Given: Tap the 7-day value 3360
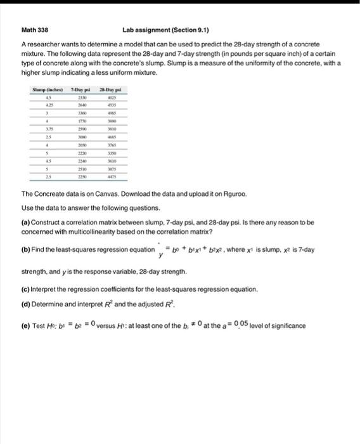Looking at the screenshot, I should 82,112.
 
